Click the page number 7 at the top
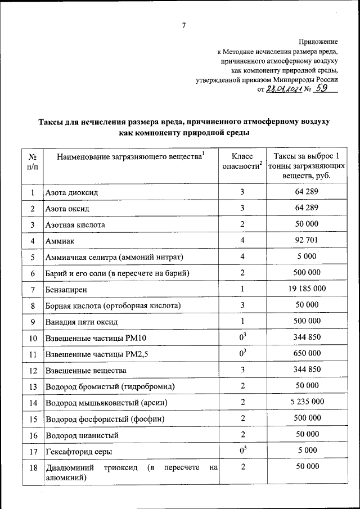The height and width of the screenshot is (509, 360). [x=183, y=25]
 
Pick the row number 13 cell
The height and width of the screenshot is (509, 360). [x=33, y=386]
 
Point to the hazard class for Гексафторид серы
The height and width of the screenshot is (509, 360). [x=242, y=451]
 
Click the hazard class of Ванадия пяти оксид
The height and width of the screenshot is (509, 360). [x=242, y=321]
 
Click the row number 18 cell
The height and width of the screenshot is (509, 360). [x=33, y=467]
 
